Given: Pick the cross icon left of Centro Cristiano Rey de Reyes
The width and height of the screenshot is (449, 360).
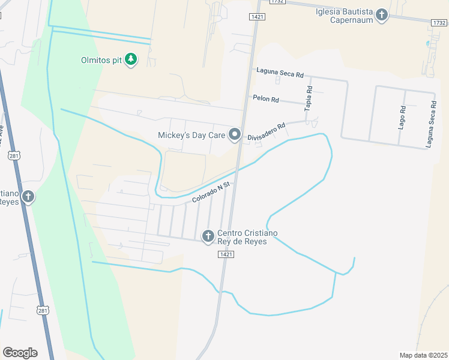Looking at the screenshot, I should [208, 236].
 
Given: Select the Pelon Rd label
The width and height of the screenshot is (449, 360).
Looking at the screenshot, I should [266, 98].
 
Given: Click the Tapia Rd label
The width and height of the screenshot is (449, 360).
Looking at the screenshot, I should [309, 98].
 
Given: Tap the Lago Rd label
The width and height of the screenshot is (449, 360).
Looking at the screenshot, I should [403, 118].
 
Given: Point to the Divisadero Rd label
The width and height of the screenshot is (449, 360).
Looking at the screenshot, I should [266, 133].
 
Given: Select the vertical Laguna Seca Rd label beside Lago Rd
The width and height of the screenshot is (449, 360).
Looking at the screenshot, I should [430, 124].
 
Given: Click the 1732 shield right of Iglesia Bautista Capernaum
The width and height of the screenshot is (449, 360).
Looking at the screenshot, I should [438, 22].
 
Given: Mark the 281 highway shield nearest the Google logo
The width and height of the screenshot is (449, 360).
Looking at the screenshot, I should [42, 310].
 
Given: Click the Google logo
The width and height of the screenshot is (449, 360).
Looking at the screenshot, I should [20, 353].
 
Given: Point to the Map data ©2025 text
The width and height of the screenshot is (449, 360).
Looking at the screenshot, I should [423, 355].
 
